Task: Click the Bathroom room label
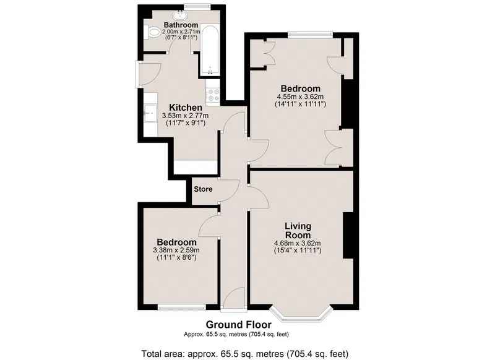(x=181, y=25)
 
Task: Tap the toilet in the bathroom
(x=152, y=32)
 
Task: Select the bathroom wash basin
(x=180, y=14)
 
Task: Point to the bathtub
(x=210, y=51)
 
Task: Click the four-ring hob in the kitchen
(x=213, y=95)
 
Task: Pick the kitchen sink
(x=150, y=113)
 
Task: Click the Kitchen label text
(x=185, y=107)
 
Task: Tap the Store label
(x=203, y=189)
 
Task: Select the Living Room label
(x=298, y=231)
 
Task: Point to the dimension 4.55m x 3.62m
(x=300, y=96)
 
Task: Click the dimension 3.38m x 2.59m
(x=176, y=250)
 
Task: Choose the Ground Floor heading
(x=238, y=325)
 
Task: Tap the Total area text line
(x=244, y=354)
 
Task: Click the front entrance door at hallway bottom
(x=233, y=299)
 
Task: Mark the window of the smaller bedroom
(x=181, y=307)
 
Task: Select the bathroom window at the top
(x=197, y=6)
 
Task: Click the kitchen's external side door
(x=148, y=74)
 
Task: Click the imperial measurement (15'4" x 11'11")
(x=298, y=251)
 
